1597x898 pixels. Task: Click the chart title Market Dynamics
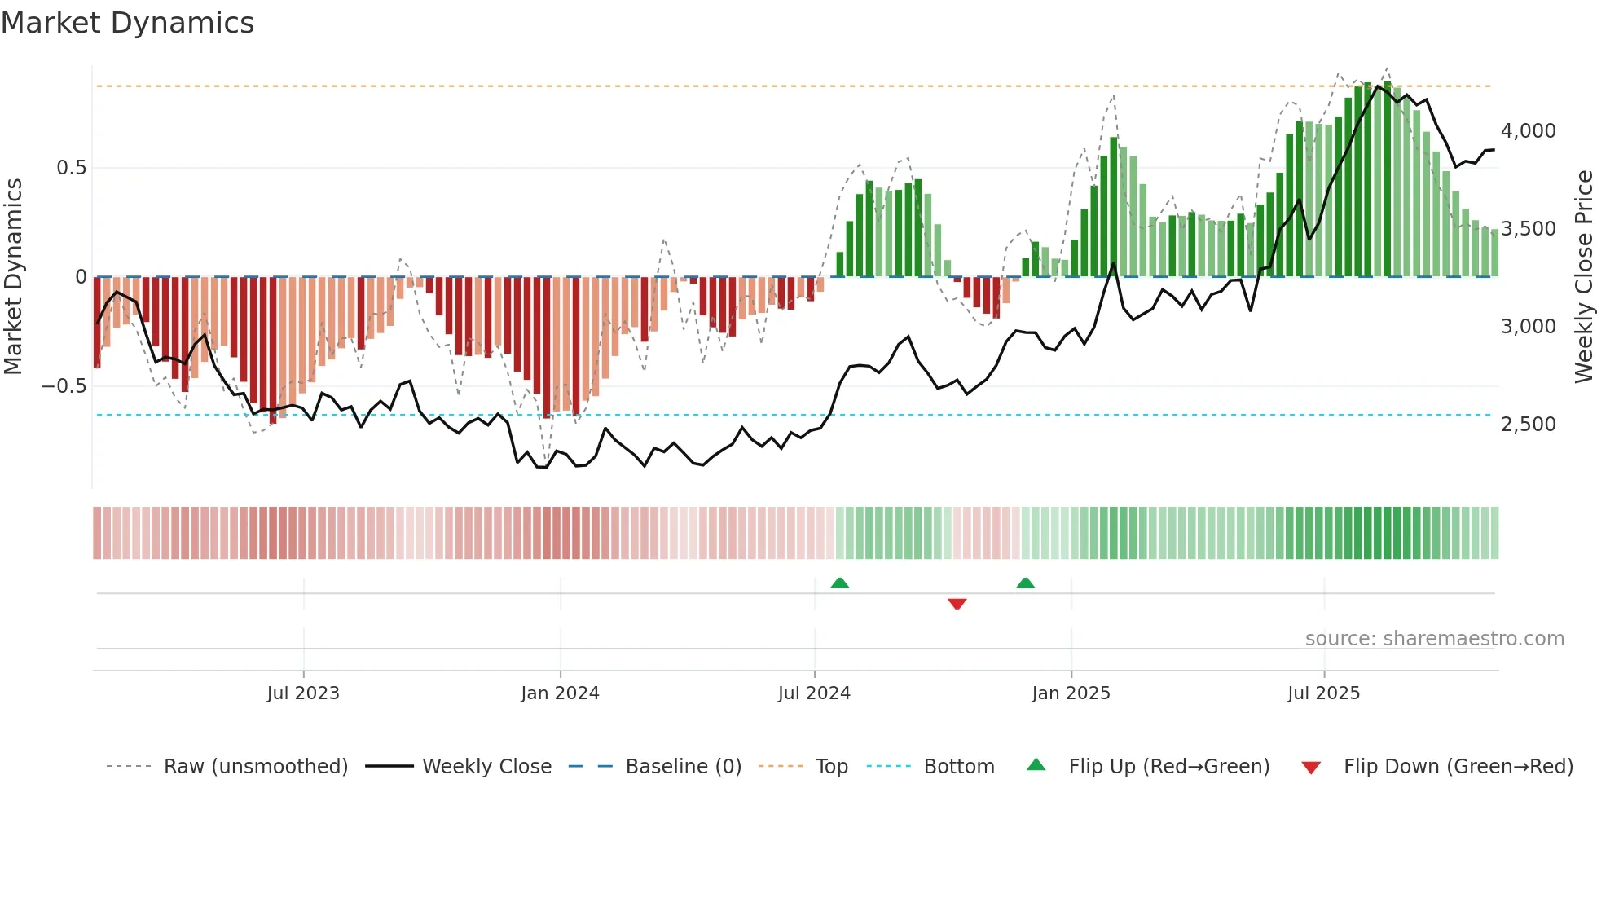point(128,23)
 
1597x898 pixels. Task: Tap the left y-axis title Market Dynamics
point(14,277)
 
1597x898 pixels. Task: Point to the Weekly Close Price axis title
point(1583,277)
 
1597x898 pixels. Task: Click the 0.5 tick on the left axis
point(71,168)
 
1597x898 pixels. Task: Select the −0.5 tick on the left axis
point(64,386)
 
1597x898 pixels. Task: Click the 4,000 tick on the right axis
point(1528,131)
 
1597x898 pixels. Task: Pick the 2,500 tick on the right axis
point(1528,425)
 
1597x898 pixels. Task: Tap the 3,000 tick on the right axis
point(1528,327)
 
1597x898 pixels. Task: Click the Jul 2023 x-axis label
point(303,693)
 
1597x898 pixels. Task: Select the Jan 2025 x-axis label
point(1071,693)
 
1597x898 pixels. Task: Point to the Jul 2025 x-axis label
point(1323,693)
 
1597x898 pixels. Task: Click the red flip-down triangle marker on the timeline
point(957,604)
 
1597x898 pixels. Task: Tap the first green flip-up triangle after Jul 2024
point(839,583)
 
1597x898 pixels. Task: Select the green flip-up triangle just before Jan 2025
point(1026,583)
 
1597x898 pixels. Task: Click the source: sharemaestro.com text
point(1434,639)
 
